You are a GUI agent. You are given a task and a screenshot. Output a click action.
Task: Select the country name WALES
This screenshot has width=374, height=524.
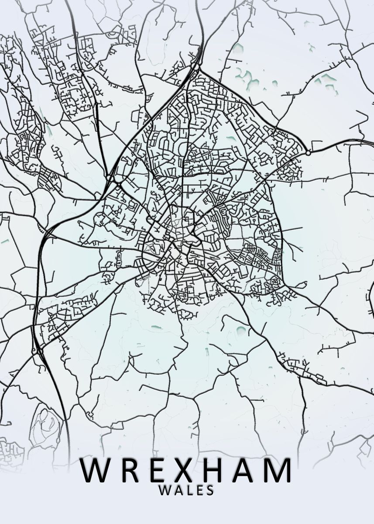click(187, 490)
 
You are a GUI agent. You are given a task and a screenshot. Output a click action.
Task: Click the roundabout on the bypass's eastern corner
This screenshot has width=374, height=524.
click(308, 153)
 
